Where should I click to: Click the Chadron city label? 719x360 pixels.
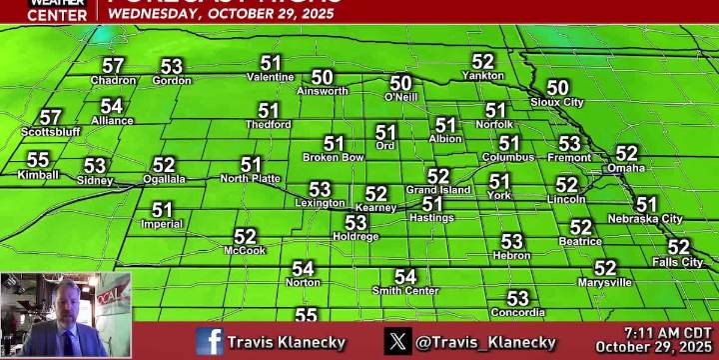pyautogui.click(x=113, y=81)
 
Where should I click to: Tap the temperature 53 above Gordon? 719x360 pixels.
pyautogui.click(x=172, y=66)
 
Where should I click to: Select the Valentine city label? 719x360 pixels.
pyautogui.click(x=270, y=77)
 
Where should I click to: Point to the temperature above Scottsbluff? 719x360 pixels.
pyautogui.click(x=50, y=117)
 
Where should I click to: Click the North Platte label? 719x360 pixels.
pyautogui.click(x=250, y=179)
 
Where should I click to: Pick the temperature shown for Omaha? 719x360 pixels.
pyautogui.click(x=626, y=153)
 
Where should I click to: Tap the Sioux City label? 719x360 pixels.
pyautogui.click(x=557, y=102)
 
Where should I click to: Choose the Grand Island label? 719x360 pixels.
pyautogui.click(x=437, y=190)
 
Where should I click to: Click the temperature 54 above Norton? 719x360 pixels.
pyautogui.click(x=303, y=268)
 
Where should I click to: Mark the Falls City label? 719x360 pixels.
pyautogui.click(x=678, y=262)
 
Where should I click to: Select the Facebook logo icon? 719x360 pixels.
pyautogui.click(x=210, y=341)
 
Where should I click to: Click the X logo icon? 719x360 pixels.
pyautogui.click(x=398, y=341)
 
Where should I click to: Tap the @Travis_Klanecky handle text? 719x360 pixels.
pyautogui.click(x=485, y=342)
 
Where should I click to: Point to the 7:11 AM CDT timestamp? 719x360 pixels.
pyautogui.click(x=668, y=332)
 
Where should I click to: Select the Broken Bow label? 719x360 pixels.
pyautogui.click(x=333, y=158)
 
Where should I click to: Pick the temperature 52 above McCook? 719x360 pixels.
pyautogui.click(x=245, y=236)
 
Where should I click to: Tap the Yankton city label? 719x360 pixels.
pyautogui.click(x=482, y=75)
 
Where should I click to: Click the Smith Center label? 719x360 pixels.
pyautogui.click(x=405, y=291)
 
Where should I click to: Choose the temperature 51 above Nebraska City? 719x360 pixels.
pyautogui.click(x=646, y=204)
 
